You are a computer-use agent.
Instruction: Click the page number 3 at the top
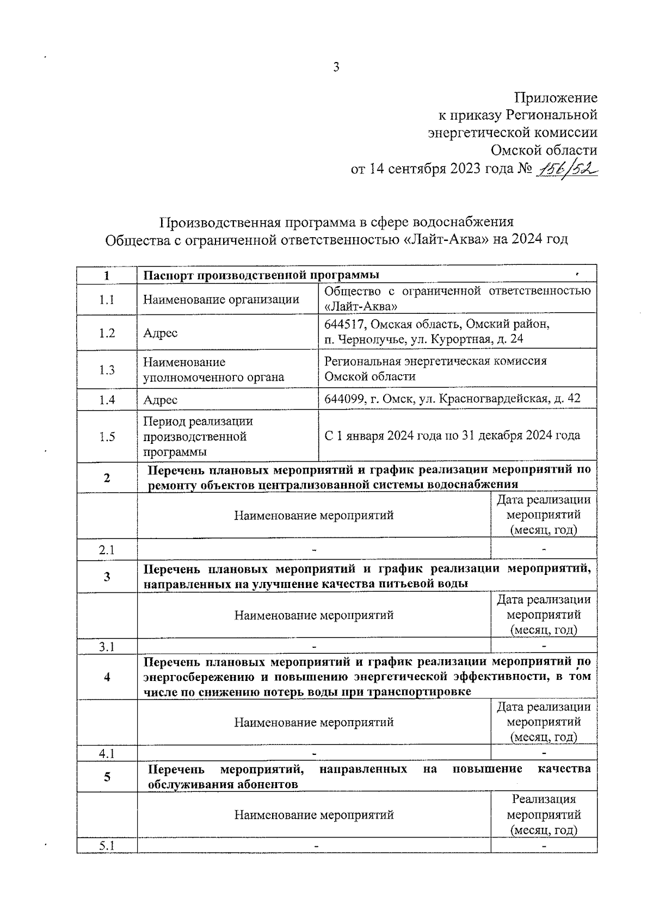[x=336, y=67]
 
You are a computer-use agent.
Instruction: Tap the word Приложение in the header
[x=556, y=98]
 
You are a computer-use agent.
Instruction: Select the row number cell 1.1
[x=107, y=299]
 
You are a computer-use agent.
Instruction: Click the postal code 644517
[x=345, y=325]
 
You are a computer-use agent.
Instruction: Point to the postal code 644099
[x=345, y=399]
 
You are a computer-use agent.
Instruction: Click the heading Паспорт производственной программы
[x=261, y=275]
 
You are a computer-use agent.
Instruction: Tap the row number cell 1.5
[x=107, y=436]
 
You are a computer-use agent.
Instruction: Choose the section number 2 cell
[x=107, y=478]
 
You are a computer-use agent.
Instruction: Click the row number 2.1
[x=107, y=550]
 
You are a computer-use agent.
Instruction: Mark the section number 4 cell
[x=107, y=677]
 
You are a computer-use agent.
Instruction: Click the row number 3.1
[x=107, y=647]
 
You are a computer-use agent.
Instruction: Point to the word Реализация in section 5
[x=544, y=800]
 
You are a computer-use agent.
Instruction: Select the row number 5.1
[x=107, y=846]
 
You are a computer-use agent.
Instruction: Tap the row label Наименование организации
[x=221, y=299]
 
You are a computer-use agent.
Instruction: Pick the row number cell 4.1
[x=107, y=754]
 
